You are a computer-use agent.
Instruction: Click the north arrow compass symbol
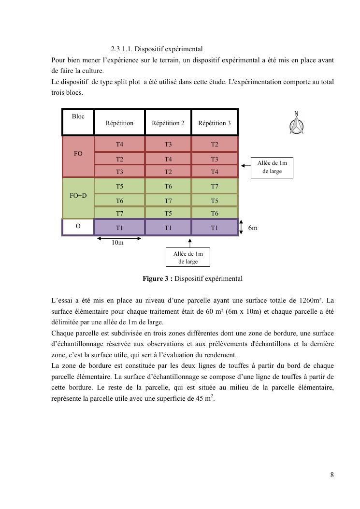(x=296, y=124)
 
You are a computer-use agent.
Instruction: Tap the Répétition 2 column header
(x=168, y=123)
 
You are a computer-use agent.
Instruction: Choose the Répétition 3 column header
(x=215, y=123)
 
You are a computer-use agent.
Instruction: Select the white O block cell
(x=78, y=227)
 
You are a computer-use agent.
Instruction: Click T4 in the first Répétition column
(x=119, y=144)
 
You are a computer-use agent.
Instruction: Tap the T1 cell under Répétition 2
(x=168, y=228)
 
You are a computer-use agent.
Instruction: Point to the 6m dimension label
(x=253, y=228)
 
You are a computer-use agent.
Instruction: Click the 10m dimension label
(x=117, y=243)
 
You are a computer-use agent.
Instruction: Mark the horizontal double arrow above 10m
(x=119, y=238)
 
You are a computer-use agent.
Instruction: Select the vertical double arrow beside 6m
(x=241, y=227)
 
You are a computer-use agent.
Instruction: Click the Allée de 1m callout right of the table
(x=272, y=167)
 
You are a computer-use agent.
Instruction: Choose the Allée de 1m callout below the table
(x=188, y=257)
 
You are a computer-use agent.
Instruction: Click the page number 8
(x=332, y=475)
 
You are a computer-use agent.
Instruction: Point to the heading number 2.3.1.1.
(x=121, y=49)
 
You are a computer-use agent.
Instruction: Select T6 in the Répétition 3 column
(x=215, y=213)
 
